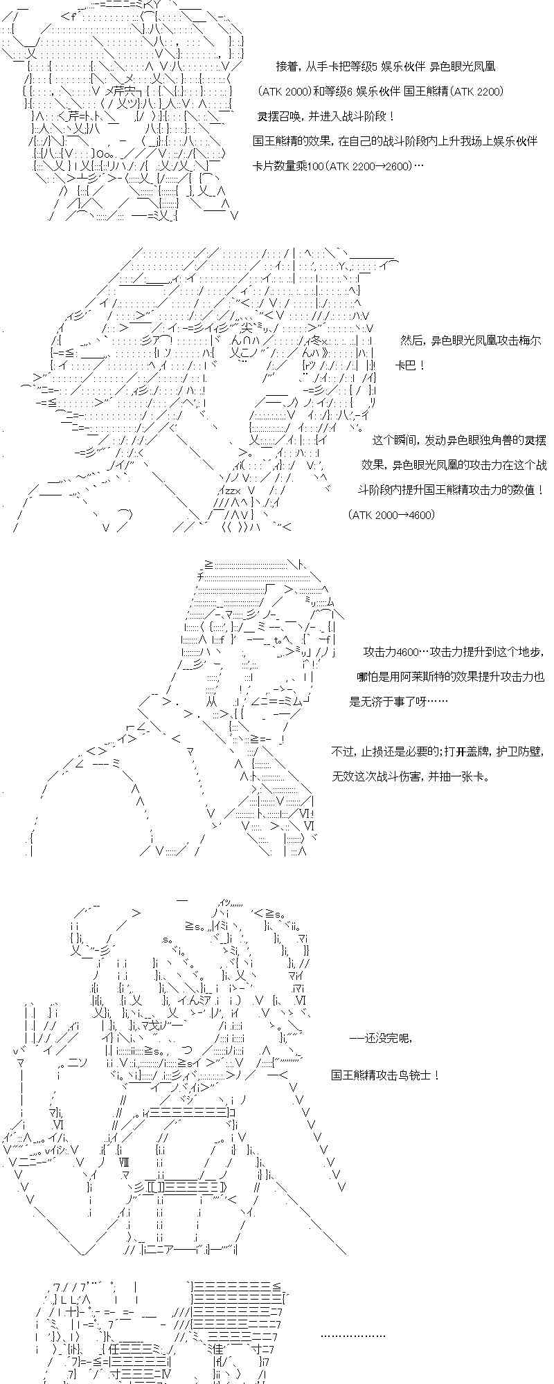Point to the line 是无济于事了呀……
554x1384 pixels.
click(x=397, y=702)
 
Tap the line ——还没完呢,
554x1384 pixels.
click(x=380, y=1039)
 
